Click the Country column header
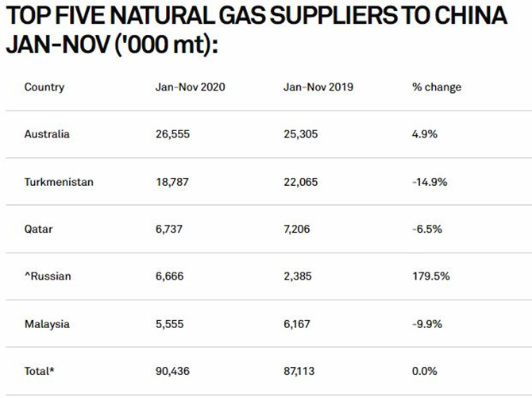tap(44, 87)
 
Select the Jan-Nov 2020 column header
tap(191, 87)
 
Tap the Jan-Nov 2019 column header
tap(318, 87)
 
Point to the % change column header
tap(437, 87)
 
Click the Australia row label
tap(47, 134)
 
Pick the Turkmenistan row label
tap(59, 182)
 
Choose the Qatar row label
tap(38, 230)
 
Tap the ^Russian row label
tap(48, 276)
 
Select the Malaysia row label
tap(47, 324)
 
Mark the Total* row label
tap(40, 371)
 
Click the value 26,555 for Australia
tap(172, 134)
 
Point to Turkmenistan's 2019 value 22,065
tap(301, 182)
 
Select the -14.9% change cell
tap(430, 182)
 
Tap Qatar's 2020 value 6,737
tap(169, 230)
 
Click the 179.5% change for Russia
tap(431, 276)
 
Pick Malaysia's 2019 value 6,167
tap(297, 324)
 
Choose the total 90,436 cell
tap(172, 371)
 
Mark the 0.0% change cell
tap(425, 371)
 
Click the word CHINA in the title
tap(471, 15)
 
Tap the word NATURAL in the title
tap(162, 15)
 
